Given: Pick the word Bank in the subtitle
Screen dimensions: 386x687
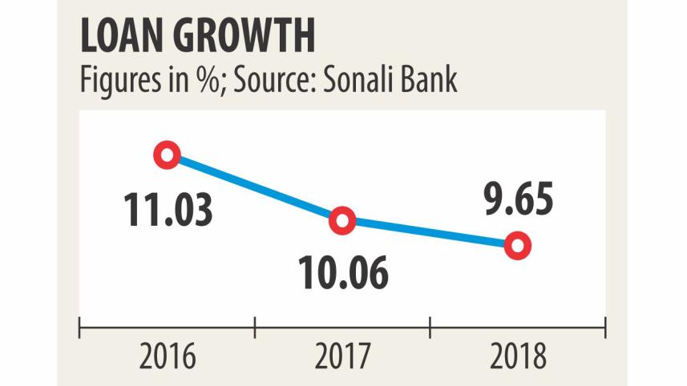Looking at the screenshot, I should (428, 80).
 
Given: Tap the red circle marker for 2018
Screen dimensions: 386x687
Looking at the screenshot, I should (518, 246).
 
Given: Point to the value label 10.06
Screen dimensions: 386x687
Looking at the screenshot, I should (344, 273).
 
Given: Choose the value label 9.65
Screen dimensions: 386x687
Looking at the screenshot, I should (517, 200).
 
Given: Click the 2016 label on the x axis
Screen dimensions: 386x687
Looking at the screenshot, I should (168, 356).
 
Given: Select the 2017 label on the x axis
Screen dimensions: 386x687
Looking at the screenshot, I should (343, 356).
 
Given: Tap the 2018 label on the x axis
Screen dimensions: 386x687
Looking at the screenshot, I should (518, 356).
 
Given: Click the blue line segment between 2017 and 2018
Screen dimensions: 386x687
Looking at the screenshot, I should (430, 233).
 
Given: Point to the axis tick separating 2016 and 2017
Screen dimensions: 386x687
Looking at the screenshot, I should (255, 326).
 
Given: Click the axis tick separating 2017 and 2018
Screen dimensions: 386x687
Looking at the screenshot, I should (430, 326).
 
